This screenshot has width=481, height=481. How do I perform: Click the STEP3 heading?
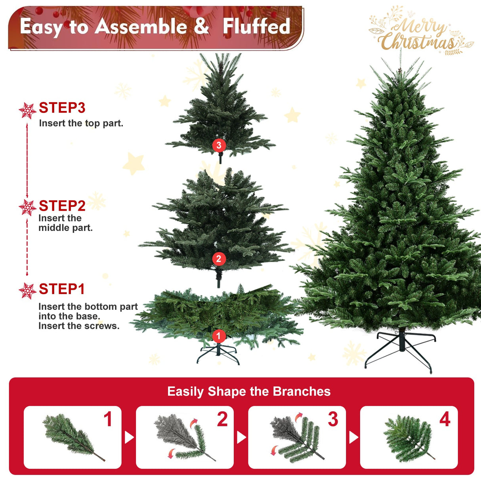[x=62, y=108]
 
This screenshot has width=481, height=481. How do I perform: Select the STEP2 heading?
[x=62, y=206]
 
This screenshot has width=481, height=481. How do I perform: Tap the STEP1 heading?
[x=62, y=289]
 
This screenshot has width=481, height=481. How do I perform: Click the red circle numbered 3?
[x=219, y=145]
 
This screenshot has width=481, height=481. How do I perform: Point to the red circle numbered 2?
[x=219, y=259]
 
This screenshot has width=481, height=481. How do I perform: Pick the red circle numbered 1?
[x=218, y=336]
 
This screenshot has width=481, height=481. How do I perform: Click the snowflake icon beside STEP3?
[x=27, y=111]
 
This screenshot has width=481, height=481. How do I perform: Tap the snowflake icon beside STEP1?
[x=27, y=291]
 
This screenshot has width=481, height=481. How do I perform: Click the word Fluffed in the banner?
[x=256, y=27]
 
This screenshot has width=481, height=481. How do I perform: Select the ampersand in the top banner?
[x=201, y=26]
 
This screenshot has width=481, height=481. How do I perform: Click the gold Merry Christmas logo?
[x=420, y=32]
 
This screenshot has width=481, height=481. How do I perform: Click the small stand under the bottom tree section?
[x=218, y=354]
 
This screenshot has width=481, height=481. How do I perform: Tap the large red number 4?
[x=445, y=419]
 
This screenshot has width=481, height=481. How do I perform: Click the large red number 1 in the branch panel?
[x=108, y=419]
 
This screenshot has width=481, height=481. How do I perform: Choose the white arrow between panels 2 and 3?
[x=241, y=437]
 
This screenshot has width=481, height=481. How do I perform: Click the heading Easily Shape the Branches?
[x=249, y=391]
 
